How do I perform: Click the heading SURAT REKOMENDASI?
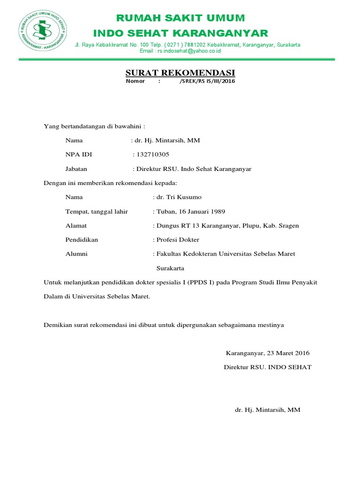[180, 73]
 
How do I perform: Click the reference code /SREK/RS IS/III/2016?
[207, 81]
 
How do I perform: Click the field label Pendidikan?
[82, 240]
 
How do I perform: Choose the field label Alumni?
[77, 254]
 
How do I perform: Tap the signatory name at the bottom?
[267, 410]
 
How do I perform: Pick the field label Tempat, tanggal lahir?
[96, 211]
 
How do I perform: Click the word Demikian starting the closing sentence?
[57, 325]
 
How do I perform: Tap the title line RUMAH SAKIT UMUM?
[181, 18]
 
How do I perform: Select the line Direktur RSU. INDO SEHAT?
[267, 367]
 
